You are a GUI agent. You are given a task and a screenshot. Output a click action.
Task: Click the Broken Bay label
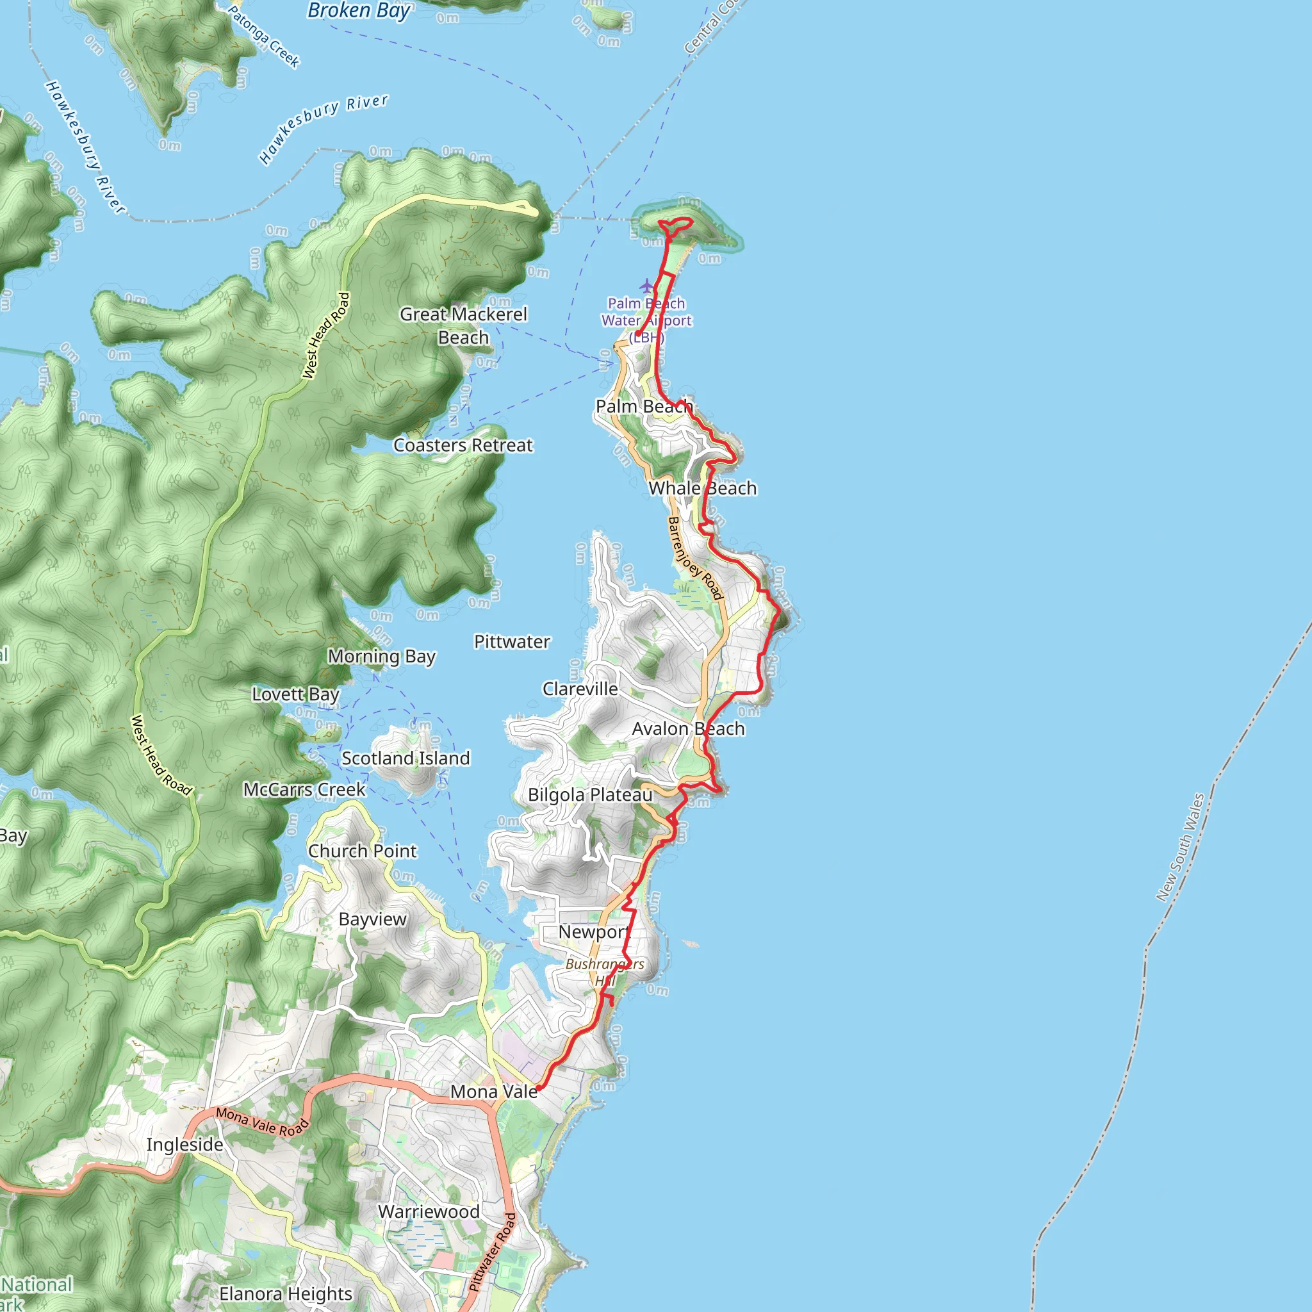pos(359,11)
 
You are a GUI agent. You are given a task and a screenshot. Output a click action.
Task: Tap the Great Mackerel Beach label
pos(463,325)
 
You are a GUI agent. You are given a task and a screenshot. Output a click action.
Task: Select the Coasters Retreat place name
pos(463,445)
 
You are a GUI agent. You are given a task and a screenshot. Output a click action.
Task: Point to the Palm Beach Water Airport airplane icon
pos(646,286)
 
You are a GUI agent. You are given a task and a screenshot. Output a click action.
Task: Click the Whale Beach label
pos(702,488)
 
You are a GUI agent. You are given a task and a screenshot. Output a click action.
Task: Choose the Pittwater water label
pos(512,642)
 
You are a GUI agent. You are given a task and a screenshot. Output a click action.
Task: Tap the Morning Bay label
pos(382,657)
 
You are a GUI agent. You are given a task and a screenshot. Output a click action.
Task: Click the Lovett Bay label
pos(295,694)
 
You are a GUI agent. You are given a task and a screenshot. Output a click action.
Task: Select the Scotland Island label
pos(406,758)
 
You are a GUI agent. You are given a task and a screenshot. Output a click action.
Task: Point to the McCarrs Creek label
pos(304,789)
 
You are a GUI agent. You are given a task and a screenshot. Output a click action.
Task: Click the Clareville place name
pos(580,689)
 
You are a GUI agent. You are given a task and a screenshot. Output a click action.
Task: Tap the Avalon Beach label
pos(689,728)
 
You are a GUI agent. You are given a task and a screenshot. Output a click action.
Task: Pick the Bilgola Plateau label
pos(590,794)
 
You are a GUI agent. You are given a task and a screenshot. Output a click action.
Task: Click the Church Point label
pos(363,851)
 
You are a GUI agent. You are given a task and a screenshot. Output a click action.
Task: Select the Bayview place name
pos(372,919)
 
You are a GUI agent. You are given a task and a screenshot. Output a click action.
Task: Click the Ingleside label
pos(184,1144)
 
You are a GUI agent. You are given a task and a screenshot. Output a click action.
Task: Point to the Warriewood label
pos(429,1211)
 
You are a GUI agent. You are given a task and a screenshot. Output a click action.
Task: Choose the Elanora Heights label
pos(286,1293)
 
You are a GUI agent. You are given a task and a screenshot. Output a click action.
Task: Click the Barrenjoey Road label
pos(695,558)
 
